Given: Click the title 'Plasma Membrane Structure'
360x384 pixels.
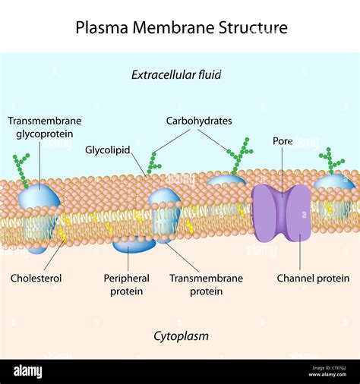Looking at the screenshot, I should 182,28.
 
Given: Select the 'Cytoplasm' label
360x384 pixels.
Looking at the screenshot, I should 181,335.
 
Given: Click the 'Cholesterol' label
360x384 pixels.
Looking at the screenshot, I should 36,279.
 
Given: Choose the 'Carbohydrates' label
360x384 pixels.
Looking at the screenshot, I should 200,121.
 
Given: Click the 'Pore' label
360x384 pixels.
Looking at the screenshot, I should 283,141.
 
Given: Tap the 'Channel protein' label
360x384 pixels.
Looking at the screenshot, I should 313,279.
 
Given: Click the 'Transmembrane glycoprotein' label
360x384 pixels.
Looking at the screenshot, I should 45,127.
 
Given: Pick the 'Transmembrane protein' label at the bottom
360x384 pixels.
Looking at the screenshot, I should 206,285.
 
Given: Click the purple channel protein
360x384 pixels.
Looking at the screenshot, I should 282,212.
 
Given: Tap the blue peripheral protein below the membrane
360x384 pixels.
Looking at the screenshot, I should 134,244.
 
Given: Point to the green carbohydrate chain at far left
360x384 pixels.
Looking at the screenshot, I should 21,168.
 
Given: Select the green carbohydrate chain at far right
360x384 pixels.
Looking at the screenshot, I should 331,160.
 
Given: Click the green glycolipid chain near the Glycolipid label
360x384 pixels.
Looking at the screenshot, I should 153,162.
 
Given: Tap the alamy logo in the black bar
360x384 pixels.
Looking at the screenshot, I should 28,372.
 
